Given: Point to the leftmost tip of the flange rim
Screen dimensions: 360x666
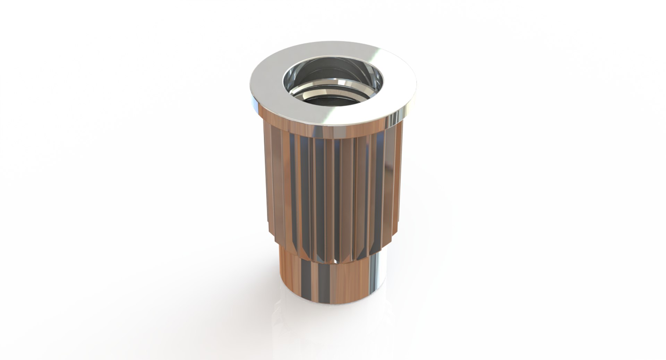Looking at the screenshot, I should pyautogui.click(x=250, y=87).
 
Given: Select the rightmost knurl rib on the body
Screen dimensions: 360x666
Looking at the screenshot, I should pyautogui.click(x=399, y=180).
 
